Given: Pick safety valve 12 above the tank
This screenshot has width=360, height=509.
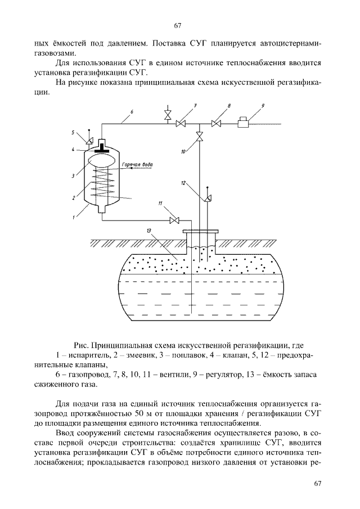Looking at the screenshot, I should pos(208,197).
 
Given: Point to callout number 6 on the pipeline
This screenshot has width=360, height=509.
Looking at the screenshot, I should pos(130,112).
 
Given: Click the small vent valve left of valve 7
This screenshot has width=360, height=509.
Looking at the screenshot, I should pos(166,115).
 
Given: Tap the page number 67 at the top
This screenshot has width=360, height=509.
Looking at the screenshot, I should pos(178,25).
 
